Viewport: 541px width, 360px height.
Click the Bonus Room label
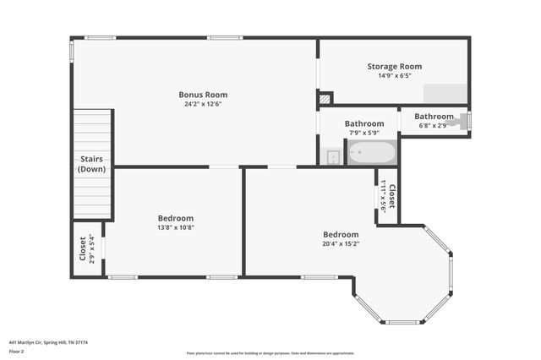(x=203, y=95)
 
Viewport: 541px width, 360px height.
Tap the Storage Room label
(x=394, y=66)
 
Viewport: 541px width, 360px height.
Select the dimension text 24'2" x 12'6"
(x=203, y=105)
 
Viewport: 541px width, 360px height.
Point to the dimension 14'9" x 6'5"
(x=394, y=76)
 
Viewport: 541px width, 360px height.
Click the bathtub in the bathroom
(x=371, y=153)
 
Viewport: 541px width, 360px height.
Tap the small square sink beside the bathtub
(x=332, y=156)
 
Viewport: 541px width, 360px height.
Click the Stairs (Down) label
(x=91, y=164)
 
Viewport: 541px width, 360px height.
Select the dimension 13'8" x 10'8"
(x=176, y=227)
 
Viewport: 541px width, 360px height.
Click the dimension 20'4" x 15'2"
(x=341, y=244)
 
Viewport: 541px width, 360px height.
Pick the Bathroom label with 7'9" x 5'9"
(x=364, y=123)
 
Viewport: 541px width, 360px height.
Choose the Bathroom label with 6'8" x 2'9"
(x=434, y=117)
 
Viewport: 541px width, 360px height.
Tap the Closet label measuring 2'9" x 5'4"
(x=83, y=248)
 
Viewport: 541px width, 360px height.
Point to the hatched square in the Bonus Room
(x=325, y=99)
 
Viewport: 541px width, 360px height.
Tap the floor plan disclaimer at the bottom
(x=270, y=352)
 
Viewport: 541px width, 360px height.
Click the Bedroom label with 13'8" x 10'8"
(x=176, y=217)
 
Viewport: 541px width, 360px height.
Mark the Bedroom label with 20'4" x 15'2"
(x=341, y=234)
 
